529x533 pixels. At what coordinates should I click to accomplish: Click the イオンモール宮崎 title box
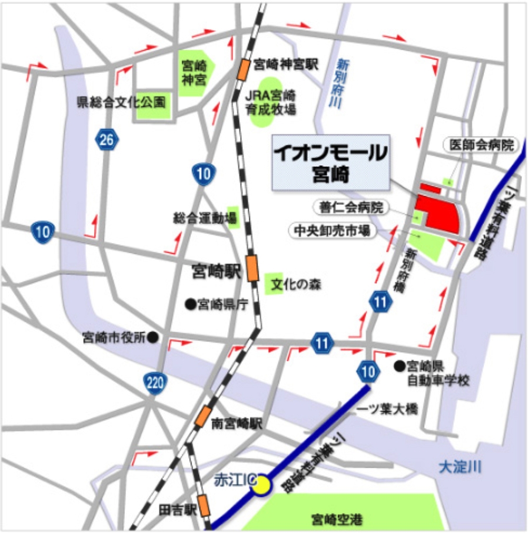point(330,162)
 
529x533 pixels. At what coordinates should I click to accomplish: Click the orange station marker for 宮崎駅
point(252,268)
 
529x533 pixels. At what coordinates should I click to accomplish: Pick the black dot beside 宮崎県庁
point(190,304)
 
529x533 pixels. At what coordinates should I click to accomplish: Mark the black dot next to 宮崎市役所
point(152,337)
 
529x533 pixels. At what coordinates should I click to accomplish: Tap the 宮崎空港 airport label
point(337,519)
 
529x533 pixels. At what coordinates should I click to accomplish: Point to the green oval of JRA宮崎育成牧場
point(262,102)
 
